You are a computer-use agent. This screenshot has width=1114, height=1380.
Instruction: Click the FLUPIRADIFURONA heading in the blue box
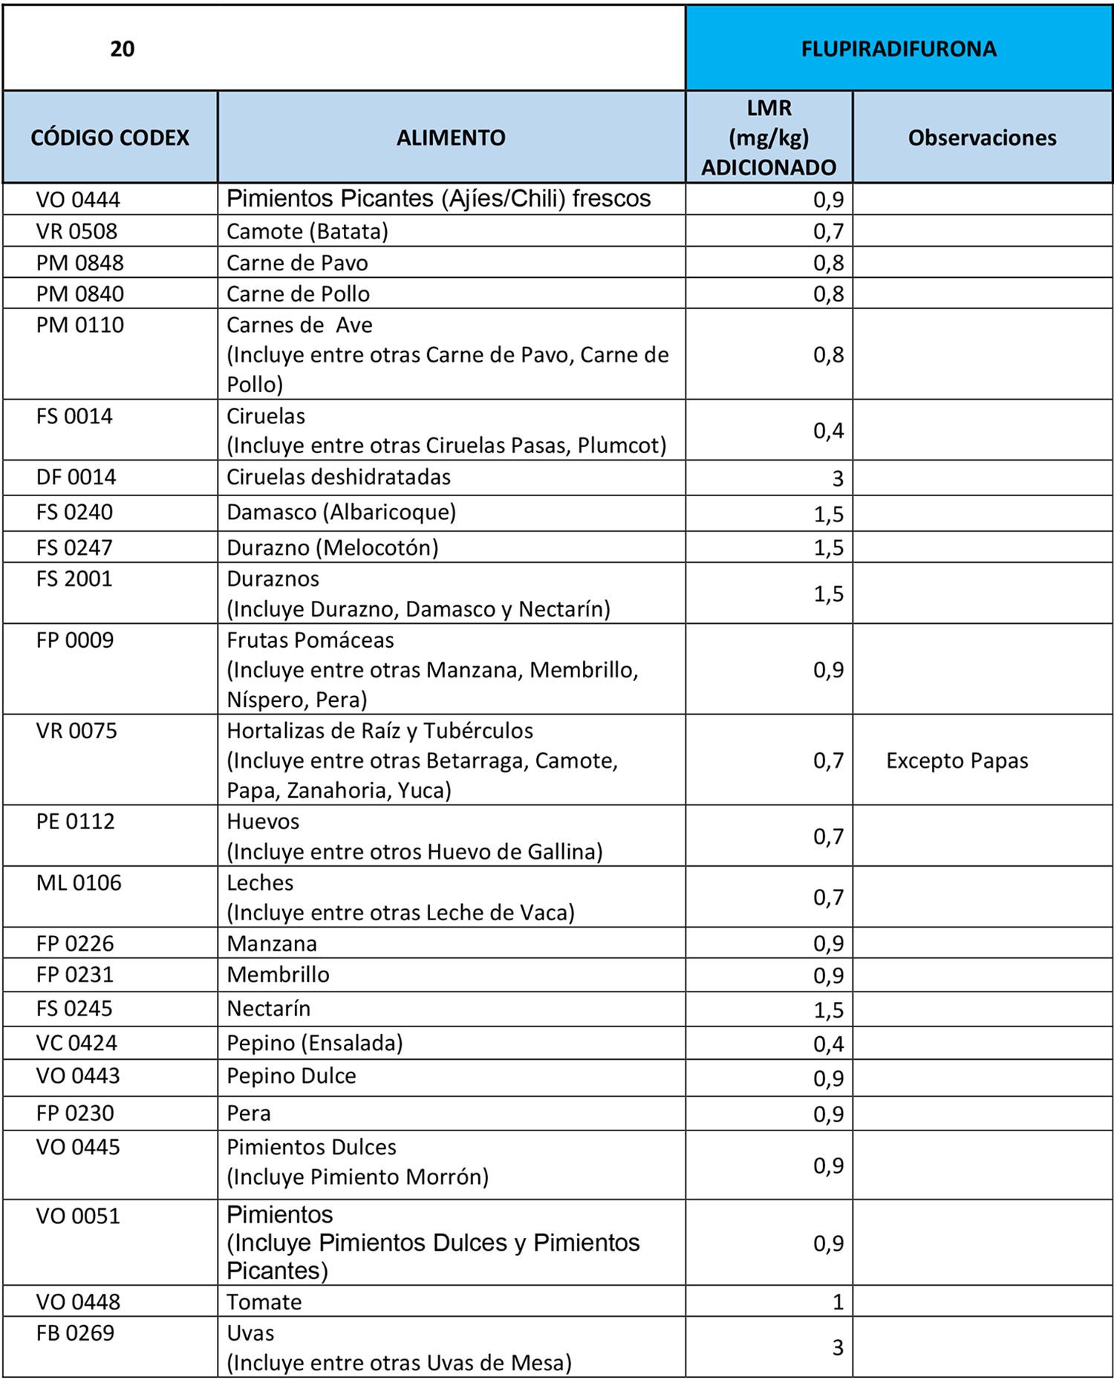pos(898,49)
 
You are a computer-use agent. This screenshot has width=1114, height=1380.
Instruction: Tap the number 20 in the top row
pos(122,49)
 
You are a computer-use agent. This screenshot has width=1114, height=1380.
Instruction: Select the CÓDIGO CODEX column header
pos(110,137)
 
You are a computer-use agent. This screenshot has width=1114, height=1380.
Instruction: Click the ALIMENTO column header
pos(451,137)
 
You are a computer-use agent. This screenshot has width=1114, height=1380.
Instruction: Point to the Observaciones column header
pos(982,137)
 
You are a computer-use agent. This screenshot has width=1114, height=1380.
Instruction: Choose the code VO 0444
pos(78,200)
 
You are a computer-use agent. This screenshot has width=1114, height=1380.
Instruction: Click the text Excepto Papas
pos(957,761)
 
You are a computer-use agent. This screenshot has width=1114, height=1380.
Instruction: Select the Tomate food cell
pos(264,1302)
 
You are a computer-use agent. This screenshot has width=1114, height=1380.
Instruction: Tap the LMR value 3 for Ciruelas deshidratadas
pos(837,478)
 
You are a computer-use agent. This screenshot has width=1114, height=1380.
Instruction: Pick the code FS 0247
pos(74,547)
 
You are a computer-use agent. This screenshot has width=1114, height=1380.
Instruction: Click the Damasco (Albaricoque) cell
pos(341,512)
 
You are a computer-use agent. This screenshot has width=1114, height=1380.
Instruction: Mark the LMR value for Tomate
pos(838,1302)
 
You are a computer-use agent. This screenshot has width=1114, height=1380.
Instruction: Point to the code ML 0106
pos(79,883)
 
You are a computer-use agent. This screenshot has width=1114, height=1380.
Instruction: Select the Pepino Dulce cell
pos(291,1076)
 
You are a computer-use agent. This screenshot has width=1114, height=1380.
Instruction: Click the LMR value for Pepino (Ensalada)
pos(828,1044)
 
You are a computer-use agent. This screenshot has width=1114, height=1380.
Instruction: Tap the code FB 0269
pos(75,1333)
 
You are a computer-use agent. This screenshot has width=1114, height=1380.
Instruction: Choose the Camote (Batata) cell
pos(307,232)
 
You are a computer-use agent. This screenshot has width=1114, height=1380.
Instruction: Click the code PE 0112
pos(75,821)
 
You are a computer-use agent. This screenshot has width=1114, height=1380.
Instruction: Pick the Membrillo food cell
pos(278,974)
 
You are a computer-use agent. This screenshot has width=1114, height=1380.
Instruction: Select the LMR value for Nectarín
pos(828,1010)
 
